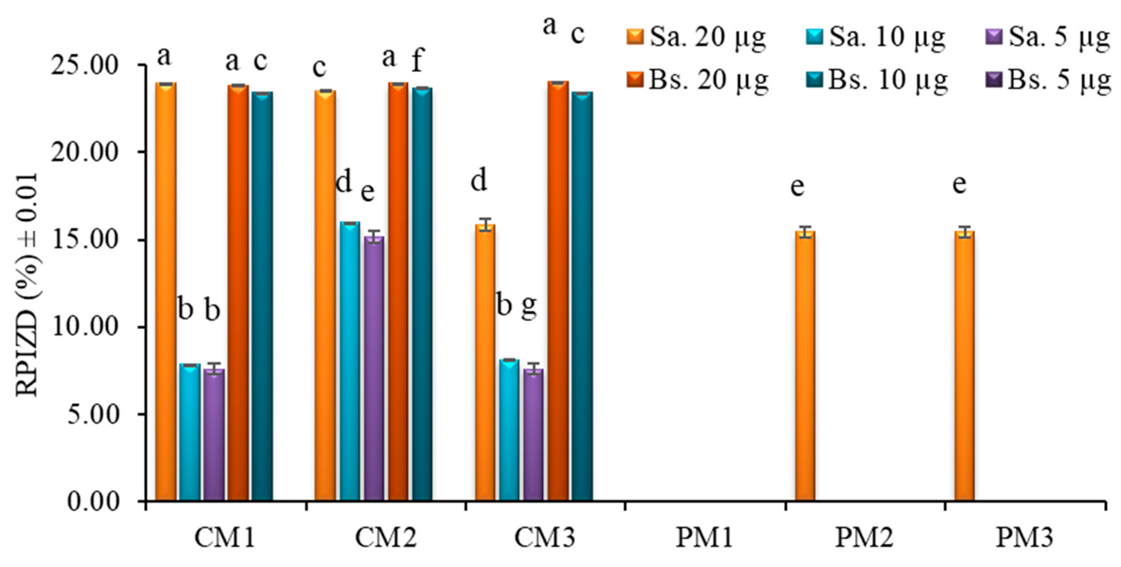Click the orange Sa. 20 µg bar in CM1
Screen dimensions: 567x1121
[x=166, y=291]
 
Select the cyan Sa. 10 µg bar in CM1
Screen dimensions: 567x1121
[x=190, y=433]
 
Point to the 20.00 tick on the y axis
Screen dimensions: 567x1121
[x=84, y=153]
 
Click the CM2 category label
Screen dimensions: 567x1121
[x=386, y=538]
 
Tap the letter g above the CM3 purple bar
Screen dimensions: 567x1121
[x=529, y=307]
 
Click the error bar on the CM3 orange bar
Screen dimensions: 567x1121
[x=485, y=225]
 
